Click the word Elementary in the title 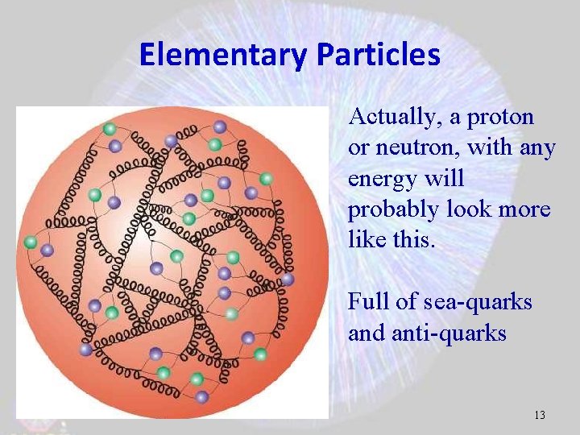coord(224,55)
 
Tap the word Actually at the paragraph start coord(394,117)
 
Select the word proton coord(500,117)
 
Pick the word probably coord(390,209)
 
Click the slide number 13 coord(539,416)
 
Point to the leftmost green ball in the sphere coord(31,242)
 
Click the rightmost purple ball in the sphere coord(288,279)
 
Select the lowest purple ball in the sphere coord(201,396)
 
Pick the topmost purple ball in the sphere coord(219,126)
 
